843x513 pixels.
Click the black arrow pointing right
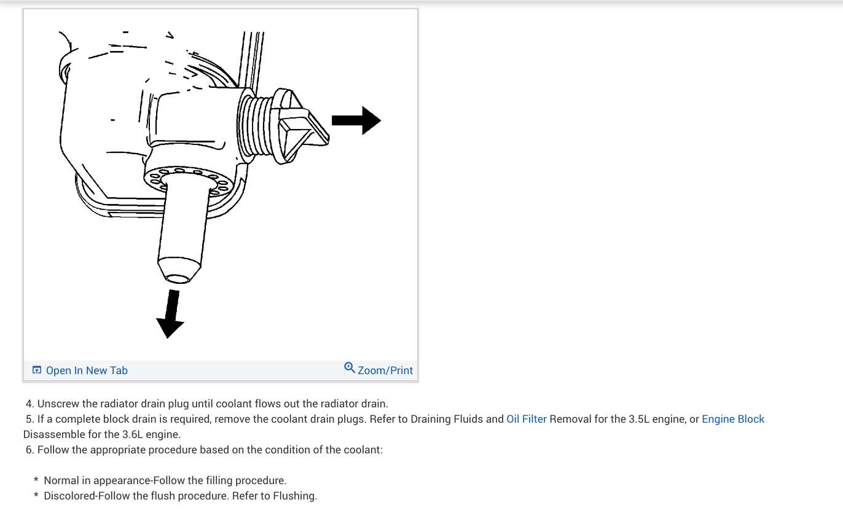357,120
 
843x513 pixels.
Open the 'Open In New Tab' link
87,370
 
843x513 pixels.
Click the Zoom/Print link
385,370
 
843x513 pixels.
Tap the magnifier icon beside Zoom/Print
350,368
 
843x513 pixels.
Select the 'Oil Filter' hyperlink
526,419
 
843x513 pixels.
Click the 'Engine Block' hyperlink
733,419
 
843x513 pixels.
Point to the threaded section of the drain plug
254,126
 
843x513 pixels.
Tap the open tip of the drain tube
178,278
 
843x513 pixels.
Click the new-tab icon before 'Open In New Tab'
37,370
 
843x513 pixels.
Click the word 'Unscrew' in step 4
57,404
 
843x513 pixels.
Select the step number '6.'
30,450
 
